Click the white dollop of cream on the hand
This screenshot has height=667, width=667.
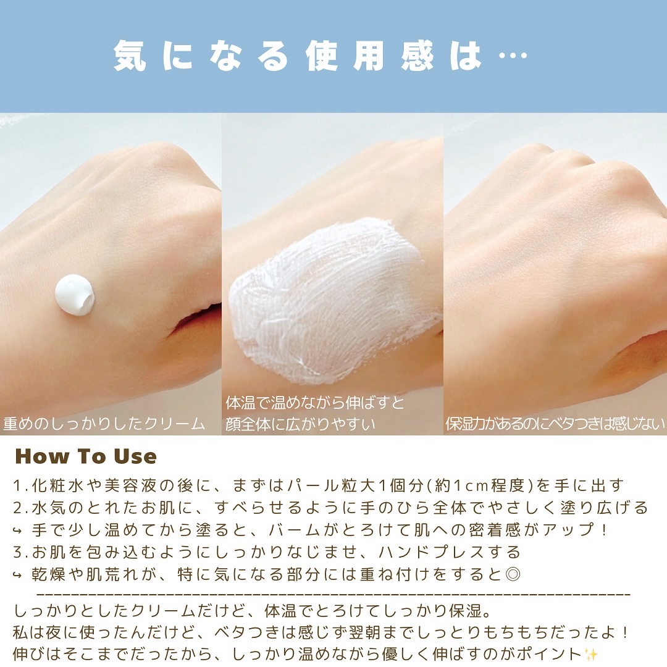pos(75,295)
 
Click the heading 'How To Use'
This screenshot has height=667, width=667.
pos(86,456)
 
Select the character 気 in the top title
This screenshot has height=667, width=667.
pos(130,56)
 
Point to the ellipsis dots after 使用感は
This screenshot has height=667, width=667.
pos(513,56)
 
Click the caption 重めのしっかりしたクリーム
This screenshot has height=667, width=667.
pos(104,424)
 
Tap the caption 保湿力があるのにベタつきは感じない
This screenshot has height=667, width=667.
pos(555,424)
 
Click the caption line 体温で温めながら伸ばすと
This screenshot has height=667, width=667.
pos(315,403)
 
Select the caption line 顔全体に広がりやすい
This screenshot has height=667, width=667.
pos(300,424)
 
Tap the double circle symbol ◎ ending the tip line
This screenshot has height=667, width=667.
pos(513,574)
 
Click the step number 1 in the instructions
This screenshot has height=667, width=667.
pos(17,485)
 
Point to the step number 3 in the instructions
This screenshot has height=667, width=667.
pos(18,552)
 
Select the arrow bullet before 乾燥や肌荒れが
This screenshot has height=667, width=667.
pos(17,576)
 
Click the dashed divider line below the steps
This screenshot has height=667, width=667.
pos(334,593)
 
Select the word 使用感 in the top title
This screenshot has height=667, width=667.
pos(370,56)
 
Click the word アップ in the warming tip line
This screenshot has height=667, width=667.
pos(568,530)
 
